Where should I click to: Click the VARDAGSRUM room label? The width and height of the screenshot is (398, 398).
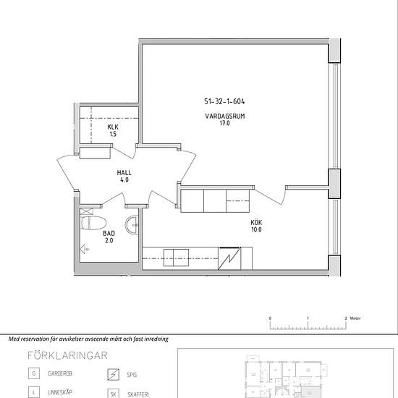(225, 117)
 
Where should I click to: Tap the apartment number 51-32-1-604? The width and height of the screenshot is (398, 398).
(224, 101)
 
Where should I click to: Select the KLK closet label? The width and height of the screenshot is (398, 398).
(113, 127)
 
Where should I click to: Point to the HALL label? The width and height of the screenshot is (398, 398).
(124, 173)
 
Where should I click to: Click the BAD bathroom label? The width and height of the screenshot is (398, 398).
(109, 233)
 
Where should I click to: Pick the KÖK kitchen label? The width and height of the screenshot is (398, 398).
(256, 223)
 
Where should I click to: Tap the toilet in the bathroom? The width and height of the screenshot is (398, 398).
(93, 223)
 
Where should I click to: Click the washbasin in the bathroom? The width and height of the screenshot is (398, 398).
(132, 224)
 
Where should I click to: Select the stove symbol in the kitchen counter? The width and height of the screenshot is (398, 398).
(229, 258)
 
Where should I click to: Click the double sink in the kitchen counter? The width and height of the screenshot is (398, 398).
(176, 258)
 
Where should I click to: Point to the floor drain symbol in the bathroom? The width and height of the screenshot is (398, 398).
(85, 250)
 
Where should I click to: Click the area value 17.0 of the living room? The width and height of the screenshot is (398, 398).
(225, 123)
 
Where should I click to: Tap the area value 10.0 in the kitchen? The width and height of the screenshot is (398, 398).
(256, 229)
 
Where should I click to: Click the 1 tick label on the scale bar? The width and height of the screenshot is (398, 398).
(308, 318)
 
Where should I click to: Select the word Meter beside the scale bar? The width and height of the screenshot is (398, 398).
(355, 318)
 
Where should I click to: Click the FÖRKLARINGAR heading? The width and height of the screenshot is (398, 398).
(67, 355)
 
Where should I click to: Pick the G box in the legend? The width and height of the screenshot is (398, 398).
(34, 373)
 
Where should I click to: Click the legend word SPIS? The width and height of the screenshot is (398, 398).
(132, 375)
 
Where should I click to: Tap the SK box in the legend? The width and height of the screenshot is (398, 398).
(113, 394)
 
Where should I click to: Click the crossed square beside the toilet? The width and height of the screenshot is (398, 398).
(87, 211)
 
